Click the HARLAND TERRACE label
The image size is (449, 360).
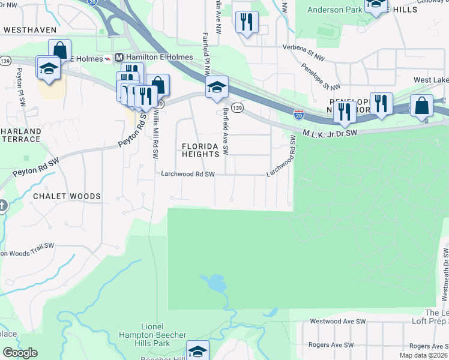click(x=20, y=136)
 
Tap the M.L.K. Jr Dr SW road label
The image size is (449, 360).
click(x=330, y=133)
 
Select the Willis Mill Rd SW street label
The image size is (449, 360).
click(x=155, y=133)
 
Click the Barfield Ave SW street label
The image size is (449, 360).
click(x=226, y=131)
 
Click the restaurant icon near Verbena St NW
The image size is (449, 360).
click(x=247, y=23)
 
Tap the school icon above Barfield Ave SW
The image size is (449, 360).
click(x=217, y=87)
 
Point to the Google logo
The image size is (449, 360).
click(x=20, y=353)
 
